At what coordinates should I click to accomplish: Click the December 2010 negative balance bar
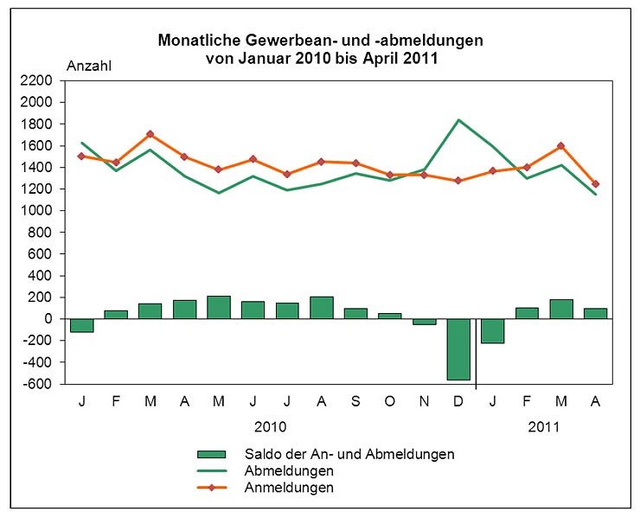(x=458, y=349)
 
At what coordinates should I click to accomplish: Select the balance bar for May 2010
(x=218, y=308)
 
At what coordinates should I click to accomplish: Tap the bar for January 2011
(x=493, y=331)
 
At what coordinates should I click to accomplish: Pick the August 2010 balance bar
(x=322, y=308)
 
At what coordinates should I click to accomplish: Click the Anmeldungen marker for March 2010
(x=150, y=134)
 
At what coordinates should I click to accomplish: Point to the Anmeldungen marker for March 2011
(x=561, y=146)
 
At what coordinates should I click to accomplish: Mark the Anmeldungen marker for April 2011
(x=595, y=183)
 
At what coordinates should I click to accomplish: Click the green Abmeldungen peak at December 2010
(x=458, y=120)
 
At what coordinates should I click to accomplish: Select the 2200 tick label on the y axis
(x=38, y=80)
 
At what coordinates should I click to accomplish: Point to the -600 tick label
(x=40, y=384)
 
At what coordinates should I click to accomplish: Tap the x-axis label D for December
(x=458, y=402)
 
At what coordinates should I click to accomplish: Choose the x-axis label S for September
(x=355, y=402)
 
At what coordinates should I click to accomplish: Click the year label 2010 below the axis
(x=270, y=427)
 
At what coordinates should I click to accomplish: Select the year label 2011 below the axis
(x=544, y=427)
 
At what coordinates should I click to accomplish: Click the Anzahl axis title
(x=89, y=64)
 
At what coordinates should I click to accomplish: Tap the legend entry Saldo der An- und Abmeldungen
(x=349, y=453)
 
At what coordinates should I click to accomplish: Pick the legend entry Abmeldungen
(x=289, y=470)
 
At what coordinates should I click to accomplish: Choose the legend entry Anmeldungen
(x=289, y=488)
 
